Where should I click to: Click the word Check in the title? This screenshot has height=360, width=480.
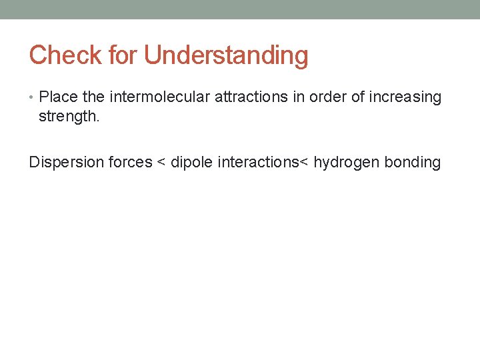[65, 55]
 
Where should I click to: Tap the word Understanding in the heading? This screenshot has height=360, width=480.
[226, 56]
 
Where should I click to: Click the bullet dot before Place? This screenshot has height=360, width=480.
[33, 97]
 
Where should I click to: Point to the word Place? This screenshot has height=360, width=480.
[59, 97]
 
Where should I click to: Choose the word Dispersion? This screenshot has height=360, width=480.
[63, 163]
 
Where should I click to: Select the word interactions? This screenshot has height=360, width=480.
[258, 163]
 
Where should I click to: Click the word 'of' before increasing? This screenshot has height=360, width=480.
[358, 97]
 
